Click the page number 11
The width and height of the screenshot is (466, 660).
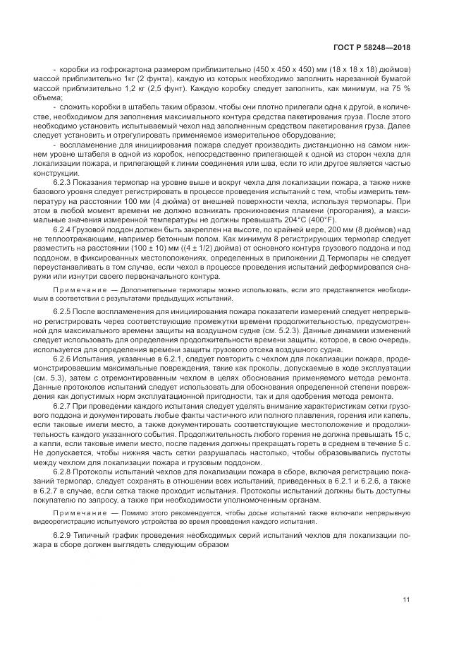click(407, 600)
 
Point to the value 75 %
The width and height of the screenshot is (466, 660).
click(403, 90)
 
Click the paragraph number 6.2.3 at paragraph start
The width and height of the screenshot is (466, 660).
click(65, 181)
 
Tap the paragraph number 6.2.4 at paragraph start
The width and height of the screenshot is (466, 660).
click(65, 228)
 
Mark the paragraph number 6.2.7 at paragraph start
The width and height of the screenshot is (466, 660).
click(65, 405)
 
